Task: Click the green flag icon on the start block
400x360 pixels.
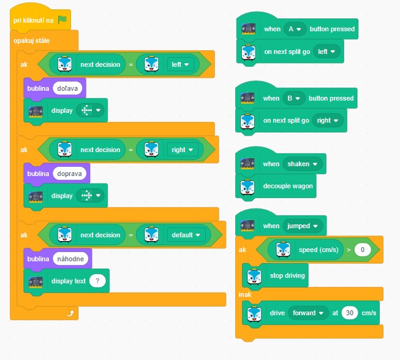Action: click(62, 20)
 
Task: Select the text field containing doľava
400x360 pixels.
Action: click(67, 88)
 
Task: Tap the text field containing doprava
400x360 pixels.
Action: click(69, 174)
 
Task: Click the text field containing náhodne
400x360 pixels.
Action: click(70, 259)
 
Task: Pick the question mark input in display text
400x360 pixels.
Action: click(97, 281)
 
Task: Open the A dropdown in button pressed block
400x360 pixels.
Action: click(295, 29)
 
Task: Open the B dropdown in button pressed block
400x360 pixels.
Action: click(293, 98)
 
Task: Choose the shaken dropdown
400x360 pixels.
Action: click(302, 164)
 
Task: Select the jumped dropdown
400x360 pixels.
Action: click(303, 226)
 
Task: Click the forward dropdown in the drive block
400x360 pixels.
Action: click(308, 313)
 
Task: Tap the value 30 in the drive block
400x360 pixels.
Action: click(350, 313)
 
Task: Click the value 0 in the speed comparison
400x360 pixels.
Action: click(363, 250)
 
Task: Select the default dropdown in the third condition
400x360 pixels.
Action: click(186, 235)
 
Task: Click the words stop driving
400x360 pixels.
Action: click(287, 275)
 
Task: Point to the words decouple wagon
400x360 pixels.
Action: click(288, 186)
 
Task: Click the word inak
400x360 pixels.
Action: click(245, 294)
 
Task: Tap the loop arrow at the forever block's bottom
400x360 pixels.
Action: click(70, 313)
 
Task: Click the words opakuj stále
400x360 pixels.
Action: click(32, 40)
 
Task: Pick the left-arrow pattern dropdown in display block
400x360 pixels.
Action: click(90, 110)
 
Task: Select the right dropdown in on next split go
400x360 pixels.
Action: click(328, 120)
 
